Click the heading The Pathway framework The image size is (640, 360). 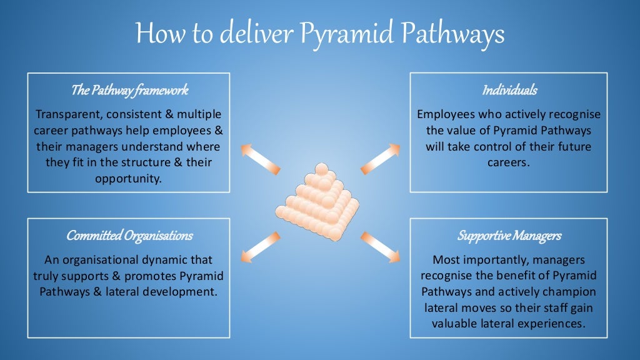coord(129,91)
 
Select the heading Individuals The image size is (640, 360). coord(509,91)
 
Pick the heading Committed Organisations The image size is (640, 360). coord(129,236)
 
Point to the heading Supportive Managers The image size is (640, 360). coord(509,236)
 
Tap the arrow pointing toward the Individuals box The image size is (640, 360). coord(381,158)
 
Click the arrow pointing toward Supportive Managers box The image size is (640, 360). coord(381,246)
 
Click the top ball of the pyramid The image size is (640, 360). coord(321,168)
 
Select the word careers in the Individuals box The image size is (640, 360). coord(509,162)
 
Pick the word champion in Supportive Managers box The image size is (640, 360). coord(574,292)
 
